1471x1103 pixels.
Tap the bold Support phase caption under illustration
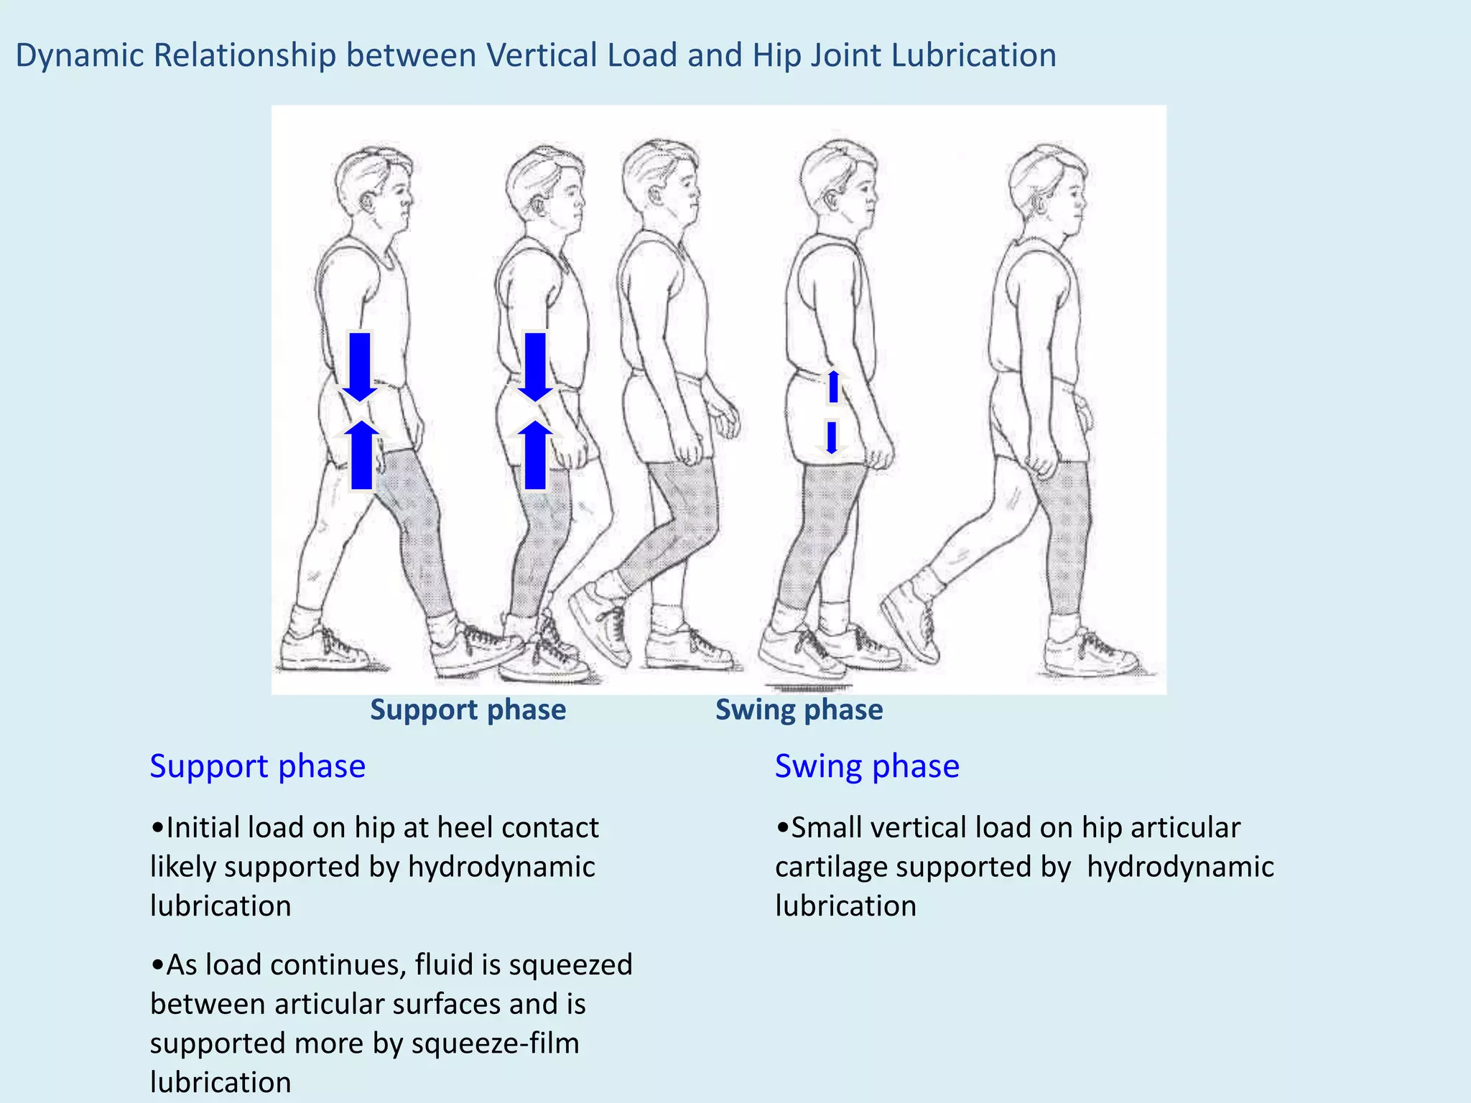click(468, 709)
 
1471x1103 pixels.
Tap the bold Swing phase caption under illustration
click(799, 709)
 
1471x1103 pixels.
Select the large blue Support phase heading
click(257, 765)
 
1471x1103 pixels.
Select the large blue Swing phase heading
click(866, 765)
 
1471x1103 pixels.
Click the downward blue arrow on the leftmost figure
click(360, 366)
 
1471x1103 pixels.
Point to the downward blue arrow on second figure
click(534, 366)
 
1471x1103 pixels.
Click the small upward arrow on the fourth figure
click(833, 386)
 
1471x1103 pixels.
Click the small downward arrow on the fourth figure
click(832, 437)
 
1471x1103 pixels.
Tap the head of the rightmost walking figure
click(1047, 190)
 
